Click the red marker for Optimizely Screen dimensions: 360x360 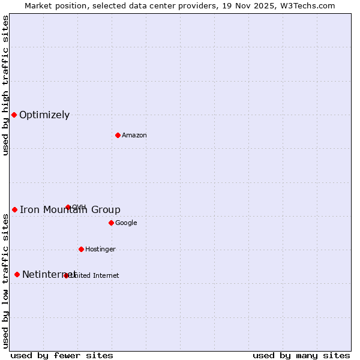[x=14, y=115]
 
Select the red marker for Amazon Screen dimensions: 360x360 [x=118, y=135]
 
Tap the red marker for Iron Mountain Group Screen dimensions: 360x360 [x=14, y=209]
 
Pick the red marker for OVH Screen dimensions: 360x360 [x=68, y=207]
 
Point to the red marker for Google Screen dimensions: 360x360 [x=111, y=223]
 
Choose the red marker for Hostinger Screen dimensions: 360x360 [x=81, y=249]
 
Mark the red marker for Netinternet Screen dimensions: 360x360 [x=17, y=274]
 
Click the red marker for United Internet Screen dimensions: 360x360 [x=66, y=275]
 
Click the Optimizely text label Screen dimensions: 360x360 [x=44, y=115]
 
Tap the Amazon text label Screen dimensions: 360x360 [x=134, y=136]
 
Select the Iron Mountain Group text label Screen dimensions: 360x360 [x=70, y=209]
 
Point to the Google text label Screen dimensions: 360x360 [x=126, y=223]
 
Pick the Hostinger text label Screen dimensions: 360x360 [x=100, y=250]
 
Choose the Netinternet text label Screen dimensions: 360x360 [x=49, y=275]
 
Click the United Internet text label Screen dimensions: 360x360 [x=95, y=276]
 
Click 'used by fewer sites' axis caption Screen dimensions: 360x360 [x=62, y=355]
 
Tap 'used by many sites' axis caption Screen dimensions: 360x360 [x=301, y=355]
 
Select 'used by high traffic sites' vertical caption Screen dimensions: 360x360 [x=5, y=85]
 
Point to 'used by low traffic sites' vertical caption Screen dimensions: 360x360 [x=5, y=281]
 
